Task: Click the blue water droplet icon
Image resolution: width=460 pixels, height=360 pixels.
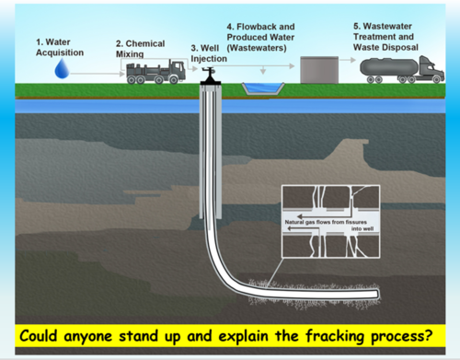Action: coord(61,69)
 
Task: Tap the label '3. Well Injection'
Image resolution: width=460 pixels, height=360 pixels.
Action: coord(208,52)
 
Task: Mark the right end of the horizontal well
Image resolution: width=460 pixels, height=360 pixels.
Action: coord(375,294)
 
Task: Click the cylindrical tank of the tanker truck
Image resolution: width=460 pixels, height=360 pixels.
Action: coord(387,66)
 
